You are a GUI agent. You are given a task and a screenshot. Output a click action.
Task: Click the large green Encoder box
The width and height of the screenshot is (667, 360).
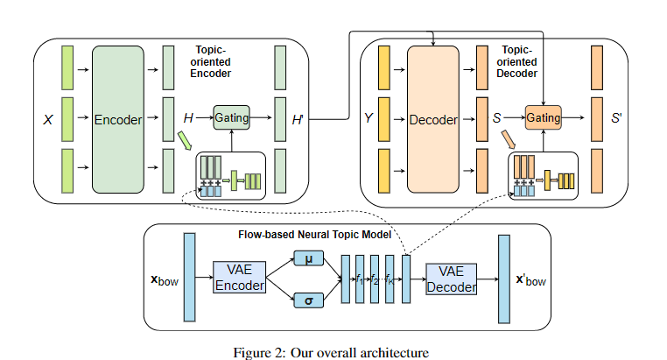(x=117, y=120)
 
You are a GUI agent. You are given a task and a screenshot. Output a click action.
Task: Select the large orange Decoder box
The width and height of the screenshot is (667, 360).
(x=433, y=120)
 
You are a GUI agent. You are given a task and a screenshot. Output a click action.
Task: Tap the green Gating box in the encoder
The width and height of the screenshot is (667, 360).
(x=232, y=116)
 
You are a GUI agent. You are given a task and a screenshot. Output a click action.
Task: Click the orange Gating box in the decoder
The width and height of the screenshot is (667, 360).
(x=543, y=116)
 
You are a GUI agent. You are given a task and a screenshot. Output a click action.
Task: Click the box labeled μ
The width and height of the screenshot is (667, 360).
(x=309, y=259)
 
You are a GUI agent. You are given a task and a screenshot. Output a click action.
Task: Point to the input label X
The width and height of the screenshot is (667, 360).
(x=48, y=120)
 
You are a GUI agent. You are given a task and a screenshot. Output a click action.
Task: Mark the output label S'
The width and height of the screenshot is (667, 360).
(x=616, y=116)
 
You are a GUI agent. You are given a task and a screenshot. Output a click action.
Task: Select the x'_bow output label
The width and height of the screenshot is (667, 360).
(x=531, y=281)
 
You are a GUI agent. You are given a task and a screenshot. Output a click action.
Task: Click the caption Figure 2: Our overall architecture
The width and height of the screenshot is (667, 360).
(x=332, y=352)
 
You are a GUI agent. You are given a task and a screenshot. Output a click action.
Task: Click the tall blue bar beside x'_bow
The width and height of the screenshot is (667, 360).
(x=503, y=279)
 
